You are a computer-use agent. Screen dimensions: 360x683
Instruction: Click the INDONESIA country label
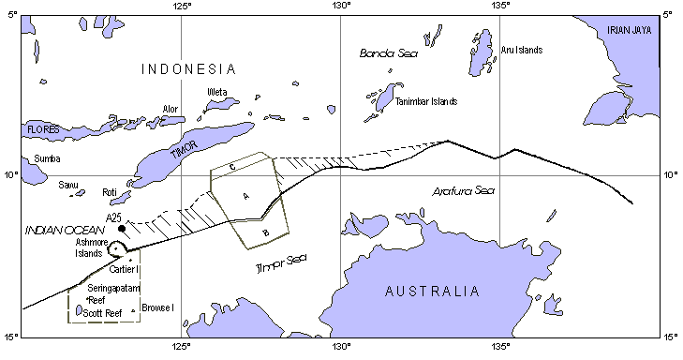[x=187, y=68]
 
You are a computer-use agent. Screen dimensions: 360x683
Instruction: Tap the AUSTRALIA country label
[x=438, y=292]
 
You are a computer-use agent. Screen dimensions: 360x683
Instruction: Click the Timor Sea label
[x=281, y=267]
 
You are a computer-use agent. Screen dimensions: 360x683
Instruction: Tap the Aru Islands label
[x=522, y=50]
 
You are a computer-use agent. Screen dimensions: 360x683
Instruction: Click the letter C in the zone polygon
[x=231, y=167]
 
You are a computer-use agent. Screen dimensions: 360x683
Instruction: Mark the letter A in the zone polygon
[x=245, y=195]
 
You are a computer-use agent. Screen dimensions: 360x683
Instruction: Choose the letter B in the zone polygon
[x=265, y=232]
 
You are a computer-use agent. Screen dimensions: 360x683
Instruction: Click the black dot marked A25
[x=122, y=228]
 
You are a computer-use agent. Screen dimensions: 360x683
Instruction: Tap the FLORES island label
[x=17, y=128]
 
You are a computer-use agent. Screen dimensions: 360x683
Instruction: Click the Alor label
[x=170, y=109]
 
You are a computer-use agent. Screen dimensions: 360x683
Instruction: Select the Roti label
[x=109, y=193]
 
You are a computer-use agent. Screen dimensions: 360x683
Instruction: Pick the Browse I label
[x=158, y=307]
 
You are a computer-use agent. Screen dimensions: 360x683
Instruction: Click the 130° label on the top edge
[x=339, y=7]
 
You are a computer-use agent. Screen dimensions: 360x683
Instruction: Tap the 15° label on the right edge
[x=669, y=337]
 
